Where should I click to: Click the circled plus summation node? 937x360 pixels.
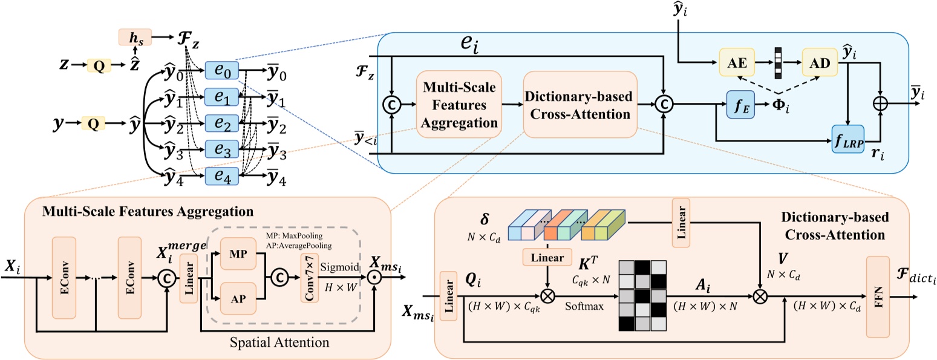coord(880,103)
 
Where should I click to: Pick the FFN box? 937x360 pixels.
coord(878,296)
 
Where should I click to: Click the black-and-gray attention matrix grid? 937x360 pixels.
coord(641,295)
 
